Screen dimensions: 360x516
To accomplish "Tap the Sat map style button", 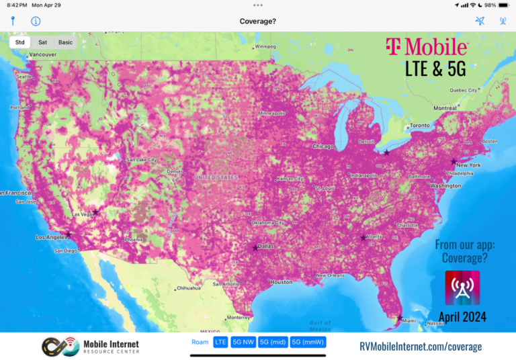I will coord(42,42).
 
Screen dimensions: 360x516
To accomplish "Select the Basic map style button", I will coord(65,42).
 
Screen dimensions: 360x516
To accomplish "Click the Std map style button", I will coord(20,42).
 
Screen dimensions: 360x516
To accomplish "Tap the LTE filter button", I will coord(220,343).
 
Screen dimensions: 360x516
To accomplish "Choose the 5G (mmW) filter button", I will coord(308,343).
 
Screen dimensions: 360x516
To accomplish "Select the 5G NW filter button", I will coord(243,343).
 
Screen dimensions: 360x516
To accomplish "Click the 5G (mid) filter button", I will coord(273,343).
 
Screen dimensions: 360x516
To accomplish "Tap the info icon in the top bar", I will coord(36,21).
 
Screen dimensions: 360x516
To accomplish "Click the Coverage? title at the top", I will coord(258,21).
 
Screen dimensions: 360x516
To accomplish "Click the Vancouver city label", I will coord(43,54).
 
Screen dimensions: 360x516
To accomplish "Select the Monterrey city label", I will coord(239,317).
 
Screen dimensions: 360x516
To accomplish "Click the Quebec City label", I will coord(463,90).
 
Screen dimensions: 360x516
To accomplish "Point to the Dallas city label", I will coord(265,246).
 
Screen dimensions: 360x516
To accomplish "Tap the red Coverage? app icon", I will coord(462,288).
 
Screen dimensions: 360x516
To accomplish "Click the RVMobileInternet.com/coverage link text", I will coord(421,347).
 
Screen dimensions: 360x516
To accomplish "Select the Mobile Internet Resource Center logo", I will coord(91,347).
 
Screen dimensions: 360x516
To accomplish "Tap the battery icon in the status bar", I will coord(503,5).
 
